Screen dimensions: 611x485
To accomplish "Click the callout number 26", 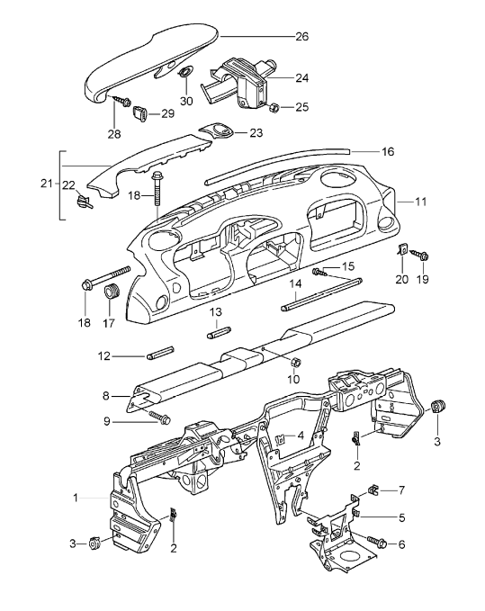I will (301, 37).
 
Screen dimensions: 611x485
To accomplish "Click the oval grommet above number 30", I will (185, 73).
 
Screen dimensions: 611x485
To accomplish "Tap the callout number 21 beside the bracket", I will (46, 184).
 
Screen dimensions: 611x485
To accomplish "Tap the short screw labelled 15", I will (320, 270).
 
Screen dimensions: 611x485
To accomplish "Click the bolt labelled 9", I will (159, 417).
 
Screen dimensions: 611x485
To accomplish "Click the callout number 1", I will (76, 497).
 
